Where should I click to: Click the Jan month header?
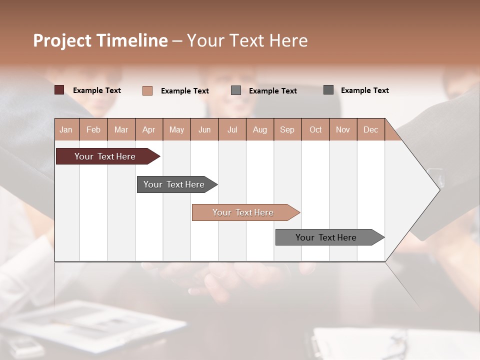point(66,129)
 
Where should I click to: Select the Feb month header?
point(93,129)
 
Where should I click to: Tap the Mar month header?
point(121,129)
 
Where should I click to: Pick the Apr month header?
point(149,129)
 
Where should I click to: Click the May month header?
point(176,129)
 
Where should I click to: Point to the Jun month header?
point(204,129)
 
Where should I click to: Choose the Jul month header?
point(232,129)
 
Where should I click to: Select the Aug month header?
point(260,129)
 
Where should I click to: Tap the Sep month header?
point(287,129)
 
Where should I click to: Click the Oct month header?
point(315,129)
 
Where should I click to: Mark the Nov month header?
point(343,129)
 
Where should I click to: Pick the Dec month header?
point(371,129)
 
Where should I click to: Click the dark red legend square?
point(59,90)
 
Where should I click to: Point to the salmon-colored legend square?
point(147,90)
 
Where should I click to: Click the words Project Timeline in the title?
point(100,40)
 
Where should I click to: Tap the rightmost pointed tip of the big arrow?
point(438,189)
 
